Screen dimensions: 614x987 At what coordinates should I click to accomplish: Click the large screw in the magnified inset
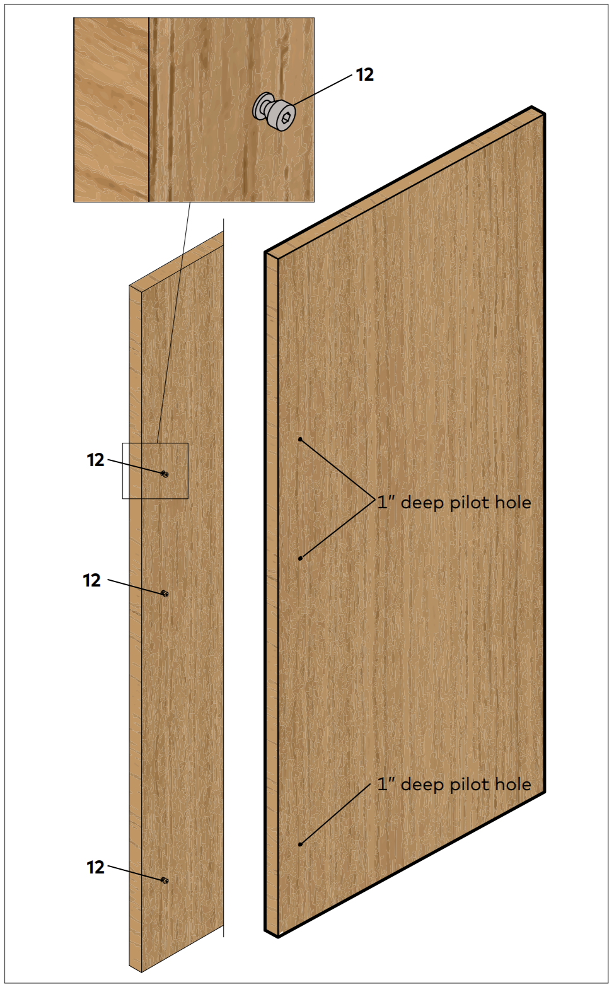pyautogui.click(x=274, y=112)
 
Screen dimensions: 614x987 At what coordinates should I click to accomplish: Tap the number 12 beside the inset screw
pyautogui.click(x=365, y=75)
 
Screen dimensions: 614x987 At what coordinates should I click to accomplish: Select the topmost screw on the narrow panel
pyautogui.click(x=165, y=474)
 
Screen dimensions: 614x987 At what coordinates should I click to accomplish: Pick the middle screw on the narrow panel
pyautogui.click(x=165, y=593)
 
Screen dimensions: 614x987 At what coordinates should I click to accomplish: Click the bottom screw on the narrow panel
pyautogui.click(x=165, y=880)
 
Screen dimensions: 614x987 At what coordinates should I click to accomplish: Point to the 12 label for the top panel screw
pyautogui.click(x=95, y=460)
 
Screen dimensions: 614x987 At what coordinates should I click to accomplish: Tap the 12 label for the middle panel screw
pyautogui.click(x=91, y=580)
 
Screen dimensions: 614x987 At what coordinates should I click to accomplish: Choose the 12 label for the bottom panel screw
pyautogui.click(x=95, y=867)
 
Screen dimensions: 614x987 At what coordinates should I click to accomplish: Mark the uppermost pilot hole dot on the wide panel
pyautogui.click(x=300, y=440)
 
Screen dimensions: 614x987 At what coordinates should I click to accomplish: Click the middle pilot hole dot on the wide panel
pyautogui.click(x=300, y=558)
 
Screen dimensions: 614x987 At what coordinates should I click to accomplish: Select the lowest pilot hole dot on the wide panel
pyautogui.click(x=300, y=844)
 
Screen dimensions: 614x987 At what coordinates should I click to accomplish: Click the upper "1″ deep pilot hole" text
pyautogui.click(x=454, y=502)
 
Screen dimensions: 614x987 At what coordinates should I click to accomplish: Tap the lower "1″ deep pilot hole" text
pyautogui.click(x=454, y=785)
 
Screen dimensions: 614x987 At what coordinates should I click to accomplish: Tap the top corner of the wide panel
pyautogui.click(x=532, y=107)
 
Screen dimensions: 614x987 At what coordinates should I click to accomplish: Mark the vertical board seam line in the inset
pyautogui.click(x=149, y=110)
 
